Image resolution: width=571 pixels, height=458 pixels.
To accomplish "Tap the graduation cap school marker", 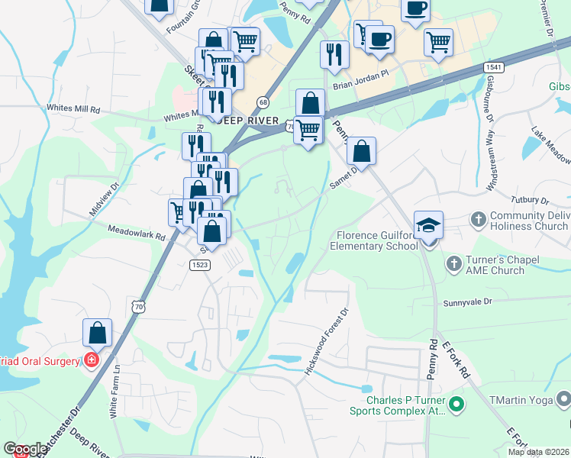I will coord(428,227).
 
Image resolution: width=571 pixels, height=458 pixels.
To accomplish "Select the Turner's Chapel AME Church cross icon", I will coord(453,263).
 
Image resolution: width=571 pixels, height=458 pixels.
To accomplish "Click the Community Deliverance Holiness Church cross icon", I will coord(478,220).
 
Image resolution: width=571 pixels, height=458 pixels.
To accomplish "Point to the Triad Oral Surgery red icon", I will coord(92,360).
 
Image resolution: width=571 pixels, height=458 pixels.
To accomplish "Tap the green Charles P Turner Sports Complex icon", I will coord(456,404).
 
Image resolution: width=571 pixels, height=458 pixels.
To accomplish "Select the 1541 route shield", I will coord(493,68).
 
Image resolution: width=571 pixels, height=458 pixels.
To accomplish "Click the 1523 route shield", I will coord(201,264).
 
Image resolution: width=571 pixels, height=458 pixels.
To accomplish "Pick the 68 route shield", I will coord(263,102).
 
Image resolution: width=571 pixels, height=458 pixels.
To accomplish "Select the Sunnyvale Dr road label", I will coord(469,302).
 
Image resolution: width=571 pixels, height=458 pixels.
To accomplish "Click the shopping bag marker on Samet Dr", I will coord(362,151).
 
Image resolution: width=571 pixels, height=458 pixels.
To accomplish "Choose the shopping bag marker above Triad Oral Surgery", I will coord(97,334).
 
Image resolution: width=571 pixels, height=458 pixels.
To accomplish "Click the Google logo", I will coord(24,448).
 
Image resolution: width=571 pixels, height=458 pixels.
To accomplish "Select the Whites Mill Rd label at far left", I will coord(73,109).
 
